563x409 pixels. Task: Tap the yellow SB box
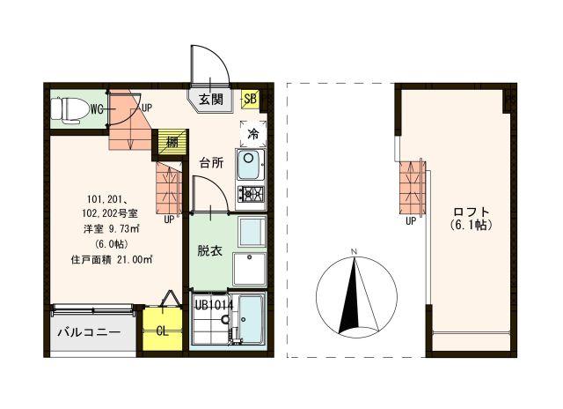pos(250,99)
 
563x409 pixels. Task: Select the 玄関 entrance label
pos(210,99)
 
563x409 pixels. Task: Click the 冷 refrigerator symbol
pos(252,135)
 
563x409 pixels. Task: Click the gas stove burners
pos(250,192)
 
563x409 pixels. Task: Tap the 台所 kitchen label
pos(211,162)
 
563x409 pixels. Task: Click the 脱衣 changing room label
pos(209,249)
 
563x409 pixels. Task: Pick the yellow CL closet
pos(163,331)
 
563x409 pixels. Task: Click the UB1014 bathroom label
pos(214,304)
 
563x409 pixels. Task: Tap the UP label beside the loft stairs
pos(410,221)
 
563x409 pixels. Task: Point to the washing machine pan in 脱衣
pos(250,269)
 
